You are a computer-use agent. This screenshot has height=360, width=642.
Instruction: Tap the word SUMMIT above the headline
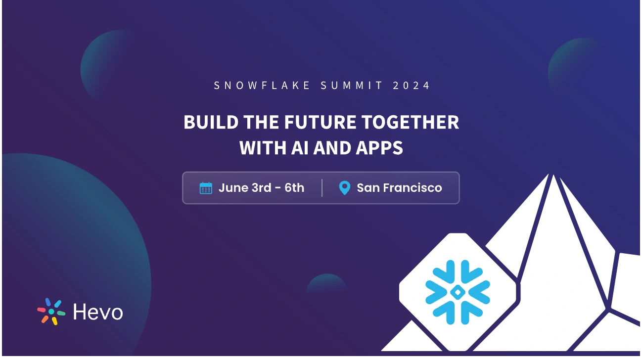(x=352, y=86)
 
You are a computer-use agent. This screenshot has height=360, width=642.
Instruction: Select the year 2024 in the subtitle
(x=412, y=86)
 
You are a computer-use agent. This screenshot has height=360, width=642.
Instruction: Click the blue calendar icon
(x=206, y=188)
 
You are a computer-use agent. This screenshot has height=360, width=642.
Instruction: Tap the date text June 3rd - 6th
(x=261, y=188)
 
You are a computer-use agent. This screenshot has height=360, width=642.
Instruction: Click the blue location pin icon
(x=344, y=188)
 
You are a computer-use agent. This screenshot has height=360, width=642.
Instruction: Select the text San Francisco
(x=399, y=188)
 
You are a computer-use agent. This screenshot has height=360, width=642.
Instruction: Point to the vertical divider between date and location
(x=322, y=188)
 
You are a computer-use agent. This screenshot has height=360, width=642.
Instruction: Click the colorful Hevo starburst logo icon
(x=51, y=312)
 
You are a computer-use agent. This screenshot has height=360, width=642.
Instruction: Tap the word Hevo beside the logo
(x=98, y=312)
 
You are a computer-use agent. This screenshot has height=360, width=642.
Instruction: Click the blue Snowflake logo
(x=458, y=292)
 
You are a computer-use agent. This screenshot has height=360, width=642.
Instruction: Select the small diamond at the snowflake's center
(x=458, y=292)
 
